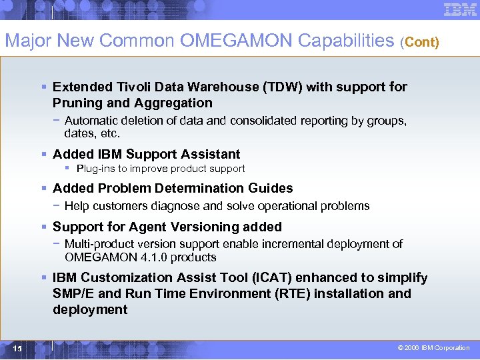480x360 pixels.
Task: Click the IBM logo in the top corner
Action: pos(459,10)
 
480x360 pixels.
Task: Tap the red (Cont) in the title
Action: pos(419,43)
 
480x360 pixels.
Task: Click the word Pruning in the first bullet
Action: pos(75,103)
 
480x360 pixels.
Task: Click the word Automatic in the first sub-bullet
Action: pos(91,121)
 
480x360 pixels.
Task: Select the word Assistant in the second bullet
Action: pos(210,154)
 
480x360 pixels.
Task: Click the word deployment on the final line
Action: pos(90,309)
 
